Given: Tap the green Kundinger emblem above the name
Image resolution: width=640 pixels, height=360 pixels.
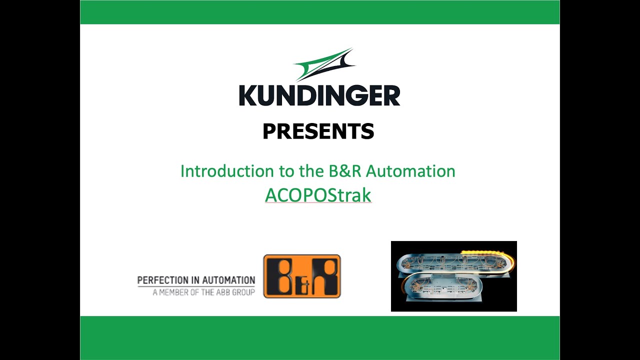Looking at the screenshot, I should pos(324,64).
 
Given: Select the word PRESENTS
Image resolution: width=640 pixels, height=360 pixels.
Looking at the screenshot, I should pos(318,131).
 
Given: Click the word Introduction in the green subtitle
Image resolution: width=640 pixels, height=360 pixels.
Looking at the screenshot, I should pos(225,171).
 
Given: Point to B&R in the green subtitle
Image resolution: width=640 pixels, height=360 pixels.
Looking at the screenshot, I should pos(345,171).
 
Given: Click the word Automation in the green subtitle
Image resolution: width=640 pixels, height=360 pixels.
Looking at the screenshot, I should pos(410,171).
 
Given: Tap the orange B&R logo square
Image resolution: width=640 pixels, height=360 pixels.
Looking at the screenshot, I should pos(302,276).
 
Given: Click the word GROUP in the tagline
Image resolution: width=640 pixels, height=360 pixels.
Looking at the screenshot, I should pos(243,292).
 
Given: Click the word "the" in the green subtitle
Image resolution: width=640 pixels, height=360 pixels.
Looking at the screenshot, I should pos(310,171).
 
